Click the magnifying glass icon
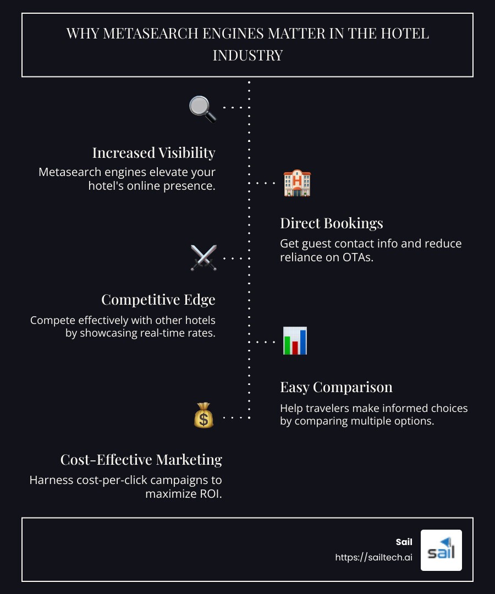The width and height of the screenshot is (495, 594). click(x=202, y=108)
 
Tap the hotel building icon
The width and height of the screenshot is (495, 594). click(x=297, y=183)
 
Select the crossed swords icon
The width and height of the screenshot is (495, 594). click(x=204, y=257)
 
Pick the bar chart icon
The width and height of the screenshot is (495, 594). click(x=295, y=341)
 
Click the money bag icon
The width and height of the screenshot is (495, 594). click(x=204, y=416)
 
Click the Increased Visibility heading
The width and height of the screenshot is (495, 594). click(x=153, y=152)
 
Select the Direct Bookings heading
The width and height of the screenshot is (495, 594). click(x=331, y=223)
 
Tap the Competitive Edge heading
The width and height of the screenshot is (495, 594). click(x=158, y=300)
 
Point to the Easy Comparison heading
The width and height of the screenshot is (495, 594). click(x=336, y=387)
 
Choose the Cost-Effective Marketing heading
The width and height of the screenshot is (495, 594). click(x=141, y=460)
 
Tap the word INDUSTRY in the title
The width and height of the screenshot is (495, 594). click(x=248, y=56)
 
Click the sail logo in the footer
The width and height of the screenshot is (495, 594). click(x=441, y=550)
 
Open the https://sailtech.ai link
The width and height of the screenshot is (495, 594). click(x=373, y=557)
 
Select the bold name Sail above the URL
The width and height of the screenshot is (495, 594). click(x=404, y=542)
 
